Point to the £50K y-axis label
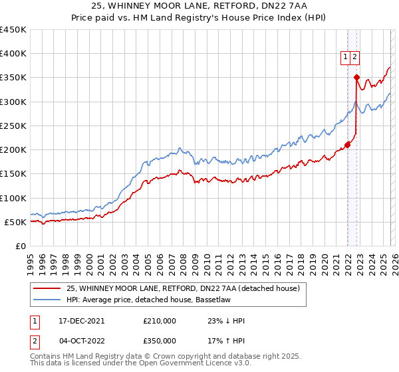[x=16, y=222]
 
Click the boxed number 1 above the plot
[x=346, y=58]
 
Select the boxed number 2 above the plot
[x=356, y=58]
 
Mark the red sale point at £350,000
[x=356, y=78]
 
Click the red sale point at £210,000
[x=347, y=145]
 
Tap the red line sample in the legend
[x=47, y=289]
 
